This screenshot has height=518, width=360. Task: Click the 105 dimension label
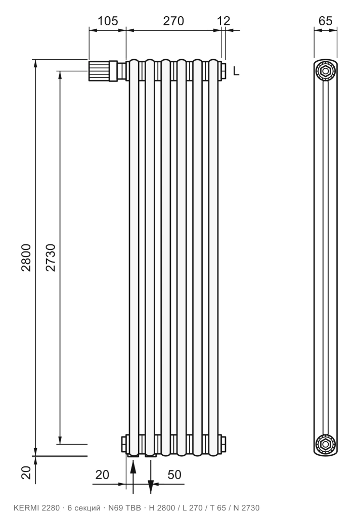108,21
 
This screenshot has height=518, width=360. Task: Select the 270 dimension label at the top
173,21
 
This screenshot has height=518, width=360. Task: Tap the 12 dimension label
223,21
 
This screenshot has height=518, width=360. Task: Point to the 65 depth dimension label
325,21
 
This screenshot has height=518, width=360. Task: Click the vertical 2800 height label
26,257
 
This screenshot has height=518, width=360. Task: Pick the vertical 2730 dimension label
51,257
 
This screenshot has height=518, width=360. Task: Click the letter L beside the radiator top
236,71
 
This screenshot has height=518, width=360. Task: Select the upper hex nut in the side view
325,71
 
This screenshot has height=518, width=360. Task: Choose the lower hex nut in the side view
325,444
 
